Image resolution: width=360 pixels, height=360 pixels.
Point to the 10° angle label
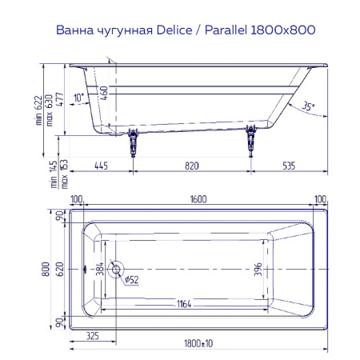pos(78,98)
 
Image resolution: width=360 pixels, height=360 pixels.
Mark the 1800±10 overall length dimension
pos(198,342)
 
